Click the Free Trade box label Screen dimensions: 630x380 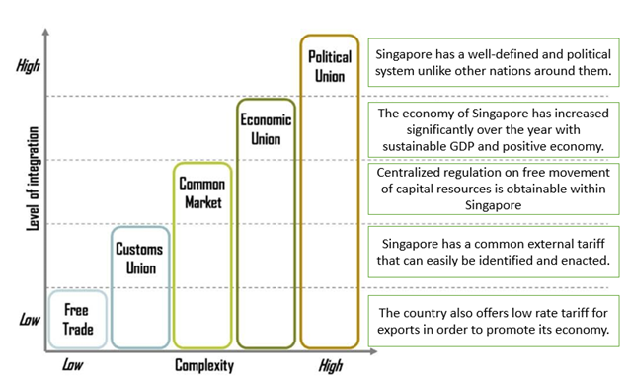click(78, 318)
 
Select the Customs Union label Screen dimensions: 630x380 click(138, 258)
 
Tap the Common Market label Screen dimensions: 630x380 click(201, 192)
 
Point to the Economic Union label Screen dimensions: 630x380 click(265, 128)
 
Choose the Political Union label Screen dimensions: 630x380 click(329, 65)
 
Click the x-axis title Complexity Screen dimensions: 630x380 click(204, 366)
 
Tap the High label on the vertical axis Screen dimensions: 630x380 click(29, 67)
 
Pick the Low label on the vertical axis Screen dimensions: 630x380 click(29, 320)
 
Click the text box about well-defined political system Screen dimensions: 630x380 click(494, 62)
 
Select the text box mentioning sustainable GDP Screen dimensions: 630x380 click(494, 129)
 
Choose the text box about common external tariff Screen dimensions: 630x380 click(494, 253)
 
